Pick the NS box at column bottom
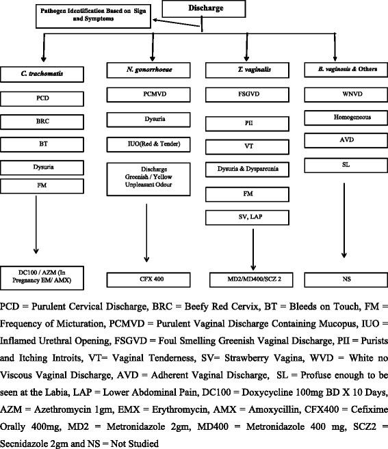(x=346, y=279)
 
